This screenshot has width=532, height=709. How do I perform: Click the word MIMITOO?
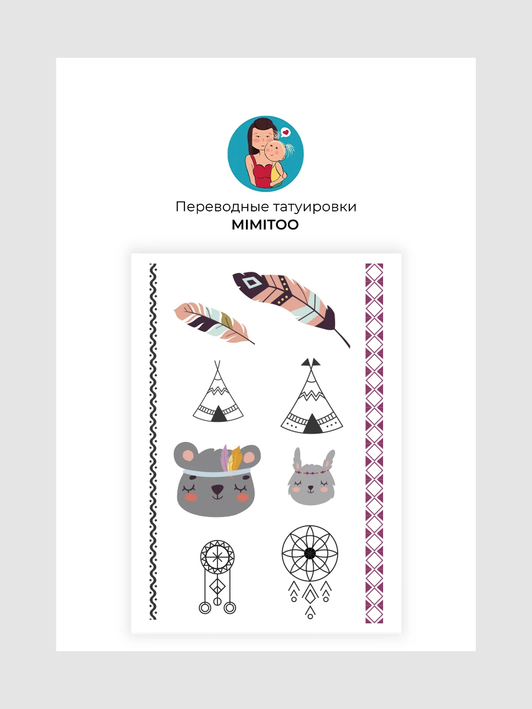pyautogui.click(x=265, y=225)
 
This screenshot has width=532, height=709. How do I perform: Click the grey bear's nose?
pyautogui.click(x=218, y=490)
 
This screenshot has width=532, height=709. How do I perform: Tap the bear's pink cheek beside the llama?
pyautogui.click(x=242, y=497)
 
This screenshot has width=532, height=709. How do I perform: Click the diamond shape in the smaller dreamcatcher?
pyautogui.click(x=217, y=586)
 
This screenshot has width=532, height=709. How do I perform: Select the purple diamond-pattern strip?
pyautogui.click(x=374, y=443)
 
